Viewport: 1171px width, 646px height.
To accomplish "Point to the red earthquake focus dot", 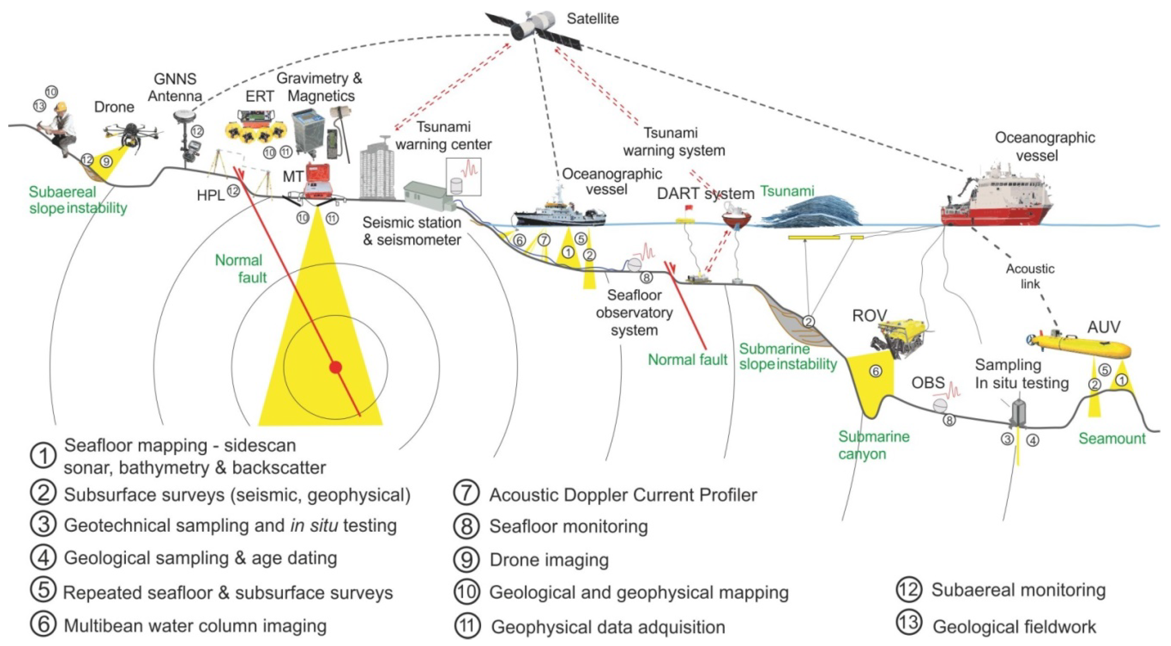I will [336, 367].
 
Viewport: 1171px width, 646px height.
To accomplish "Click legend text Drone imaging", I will [549, 560].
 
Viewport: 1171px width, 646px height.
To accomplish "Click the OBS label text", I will [928, 383].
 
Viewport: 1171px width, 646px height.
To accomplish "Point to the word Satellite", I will [592, 19].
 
